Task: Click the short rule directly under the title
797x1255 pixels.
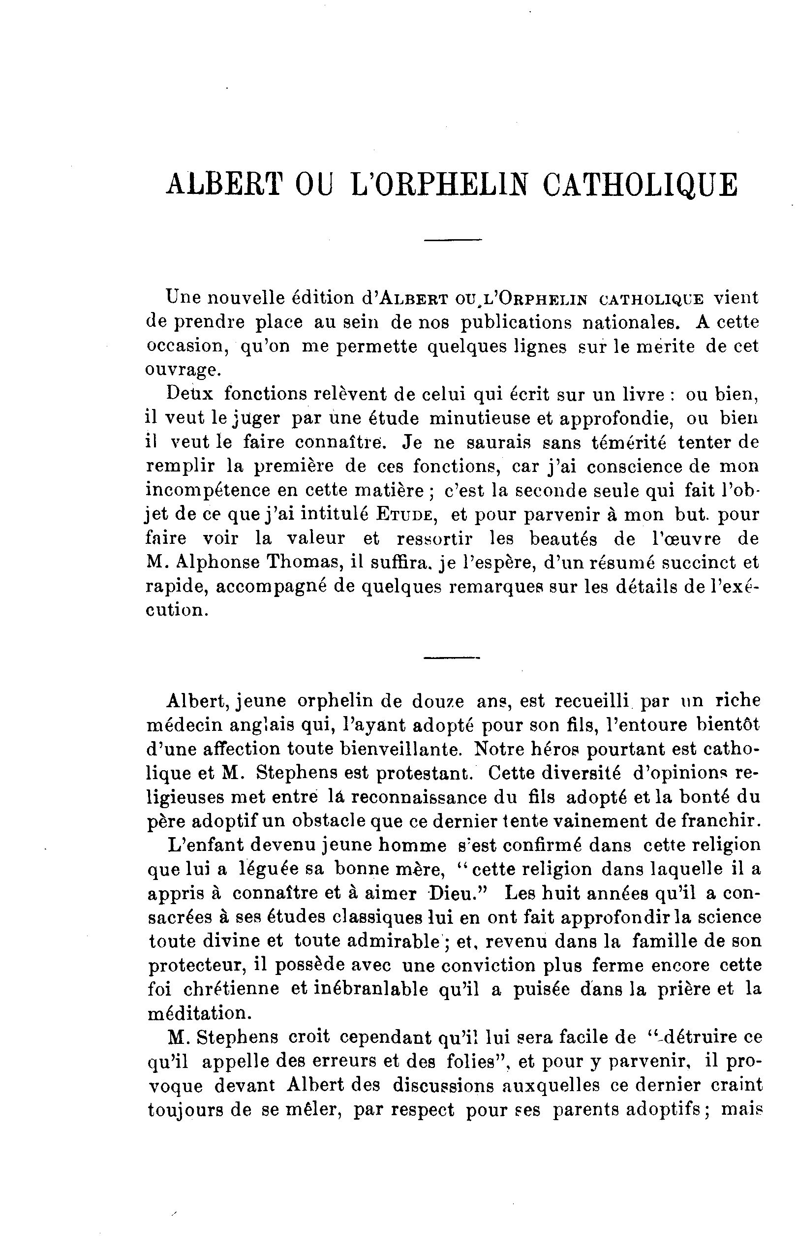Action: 453,240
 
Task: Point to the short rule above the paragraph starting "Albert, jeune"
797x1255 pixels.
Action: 452,657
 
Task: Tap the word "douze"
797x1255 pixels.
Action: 439,701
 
